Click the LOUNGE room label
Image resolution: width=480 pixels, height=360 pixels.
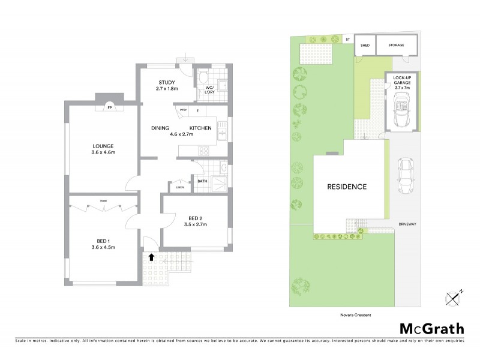click(x=103, y=146)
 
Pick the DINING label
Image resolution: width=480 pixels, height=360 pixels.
click(x=160, y=128)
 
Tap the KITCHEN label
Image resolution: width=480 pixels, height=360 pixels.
click(x=200, y=128)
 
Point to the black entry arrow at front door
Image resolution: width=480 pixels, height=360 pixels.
click(x=151, y=256)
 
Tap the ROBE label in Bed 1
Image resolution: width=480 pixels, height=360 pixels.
click(x=104, y=201)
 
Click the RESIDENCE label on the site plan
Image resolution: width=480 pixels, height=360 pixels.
click(x=346, y=187)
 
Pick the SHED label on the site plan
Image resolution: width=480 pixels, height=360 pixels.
click(x=364, y=45)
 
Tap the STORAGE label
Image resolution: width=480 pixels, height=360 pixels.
click(x=396, y=45)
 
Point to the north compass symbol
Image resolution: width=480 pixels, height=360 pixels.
click(x=454, y=296)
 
